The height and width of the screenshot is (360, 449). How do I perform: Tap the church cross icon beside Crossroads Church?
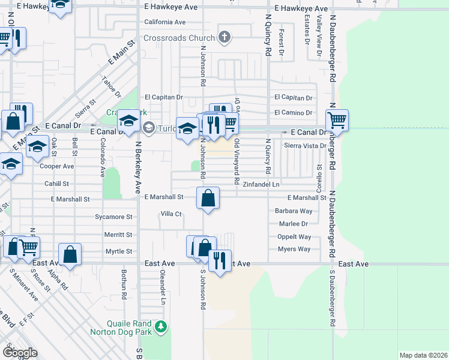click(x=224, y=38)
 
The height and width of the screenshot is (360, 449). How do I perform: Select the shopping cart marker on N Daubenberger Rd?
click(x=337, y=121)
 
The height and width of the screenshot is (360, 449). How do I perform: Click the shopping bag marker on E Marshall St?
click(x=208, y=197)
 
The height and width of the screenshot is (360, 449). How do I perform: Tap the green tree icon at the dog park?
click(x=160, y=327)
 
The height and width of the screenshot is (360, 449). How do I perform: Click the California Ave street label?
click(x=164, y=22)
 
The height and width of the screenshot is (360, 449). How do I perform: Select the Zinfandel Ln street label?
click(x=261, y=185)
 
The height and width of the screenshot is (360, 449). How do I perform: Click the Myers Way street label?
click(x=294, y=249)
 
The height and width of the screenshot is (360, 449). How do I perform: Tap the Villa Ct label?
click(x=170, y=214)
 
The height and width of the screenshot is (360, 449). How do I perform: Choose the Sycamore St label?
click(x=113, y=217)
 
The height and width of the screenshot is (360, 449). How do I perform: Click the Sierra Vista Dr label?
click(x=305, y=146)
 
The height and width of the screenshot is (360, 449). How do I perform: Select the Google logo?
click(x=20, y=352)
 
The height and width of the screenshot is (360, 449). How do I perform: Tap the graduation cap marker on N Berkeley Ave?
click(x=128, y=120)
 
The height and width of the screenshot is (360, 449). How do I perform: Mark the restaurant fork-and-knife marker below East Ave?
click(x=220, y=260)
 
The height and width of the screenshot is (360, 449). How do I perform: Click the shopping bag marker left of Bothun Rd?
click(x=70, y=254)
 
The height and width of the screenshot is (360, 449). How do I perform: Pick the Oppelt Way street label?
click(x=294, y=237)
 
